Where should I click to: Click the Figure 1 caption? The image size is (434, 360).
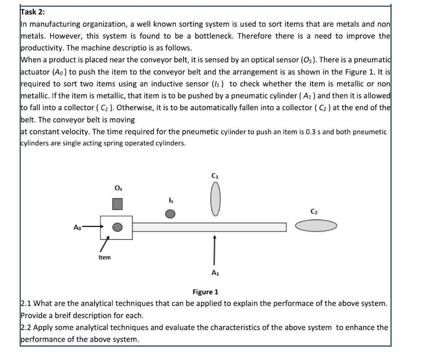coord(205,292)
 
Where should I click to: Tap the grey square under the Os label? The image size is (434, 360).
coord(117,204)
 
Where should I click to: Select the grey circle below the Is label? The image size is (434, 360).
coord(170,213)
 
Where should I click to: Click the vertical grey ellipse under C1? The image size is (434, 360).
coord(215,200)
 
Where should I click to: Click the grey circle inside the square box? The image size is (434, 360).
coord(117,227)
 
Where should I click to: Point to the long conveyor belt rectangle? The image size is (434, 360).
coord(209,227)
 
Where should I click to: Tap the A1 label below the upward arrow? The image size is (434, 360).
coord(215,273)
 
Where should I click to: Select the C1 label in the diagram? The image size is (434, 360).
coord(215,176)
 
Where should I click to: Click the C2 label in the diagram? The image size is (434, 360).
coord(314,212)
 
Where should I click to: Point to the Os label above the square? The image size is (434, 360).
coord(118,188)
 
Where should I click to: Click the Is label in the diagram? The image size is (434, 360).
coord(171,201)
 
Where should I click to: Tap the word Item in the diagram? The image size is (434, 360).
coord(104,258)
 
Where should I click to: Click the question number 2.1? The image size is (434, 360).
coord(26,304)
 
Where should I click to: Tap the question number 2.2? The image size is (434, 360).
coord(26,328)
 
